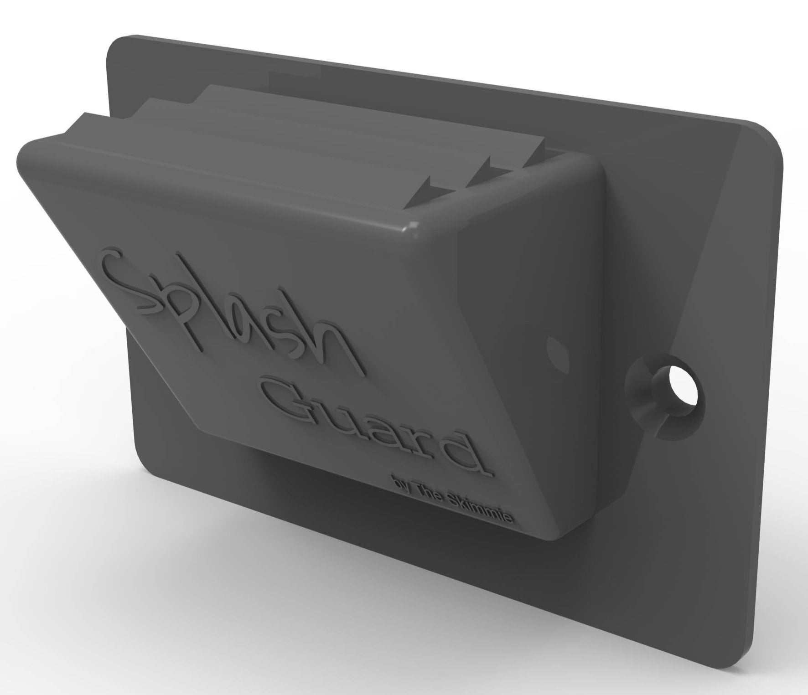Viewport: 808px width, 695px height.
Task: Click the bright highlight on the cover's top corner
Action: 413,225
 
